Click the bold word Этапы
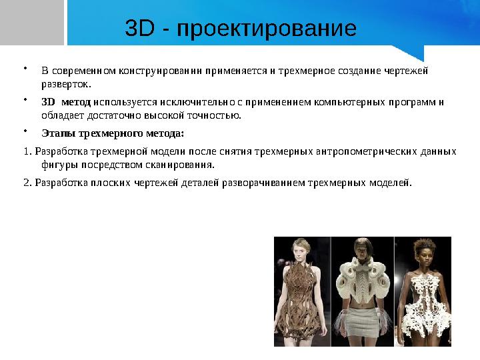[56, 133]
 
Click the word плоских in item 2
[111, 182]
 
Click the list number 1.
[25, 151]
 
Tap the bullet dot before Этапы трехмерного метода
[25, 131]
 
